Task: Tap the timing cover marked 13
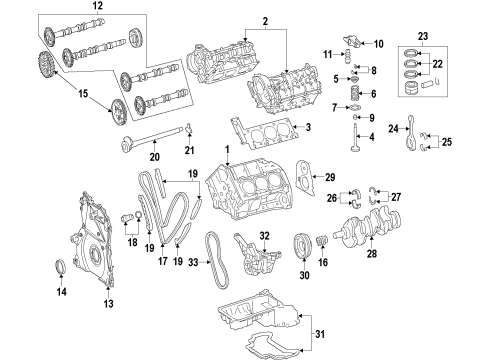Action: click(94, 240)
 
